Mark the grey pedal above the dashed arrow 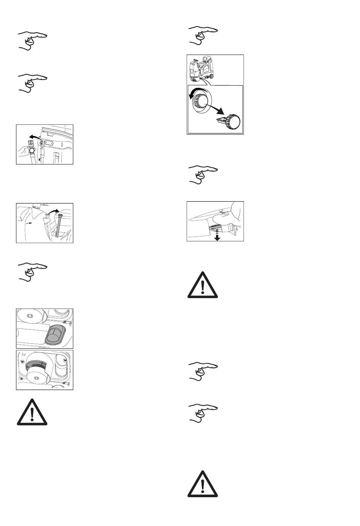[215, 227]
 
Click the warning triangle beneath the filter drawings [33, 412]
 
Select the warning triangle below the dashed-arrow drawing [203, 285]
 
